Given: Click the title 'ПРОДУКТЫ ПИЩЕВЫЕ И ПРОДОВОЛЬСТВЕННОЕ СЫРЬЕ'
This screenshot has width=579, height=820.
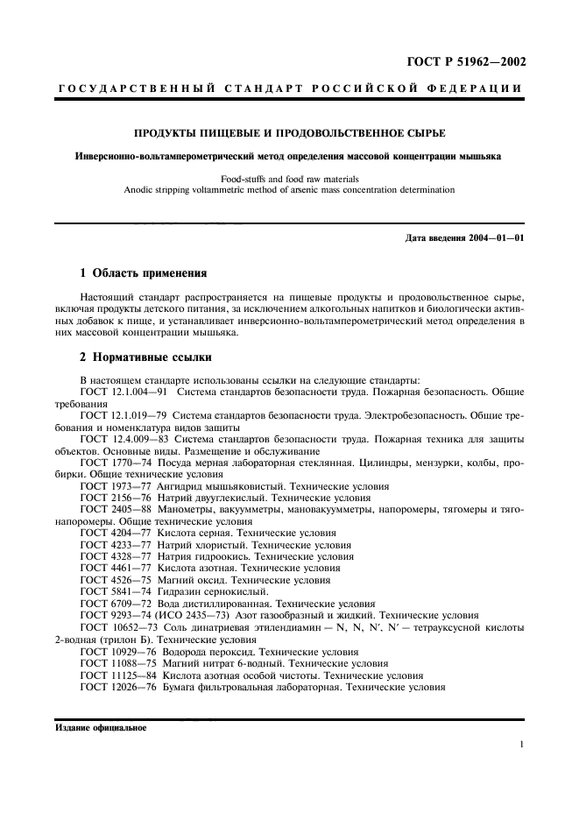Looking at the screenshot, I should click(x=289, y=133).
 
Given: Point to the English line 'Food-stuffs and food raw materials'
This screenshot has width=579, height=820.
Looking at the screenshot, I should click(x=289, y=178).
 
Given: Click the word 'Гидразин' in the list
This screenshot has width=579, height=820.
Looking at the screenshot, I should click(x=182, y=591).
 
